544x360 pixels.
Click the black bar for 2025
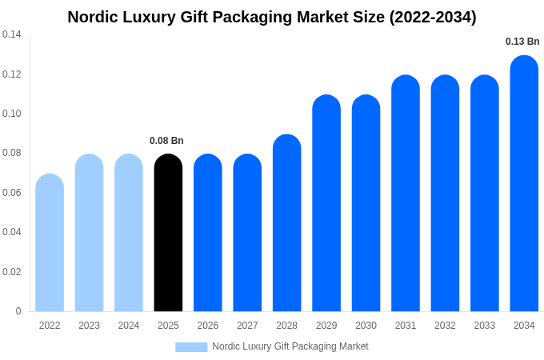pos(168,233)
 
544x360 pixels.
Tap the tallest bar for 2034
pos(524,183)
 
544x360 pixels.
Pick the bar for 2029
pos(326,203)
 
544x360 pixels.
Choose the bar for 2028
pos(286,223)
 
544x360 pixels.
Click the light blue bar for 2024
pos(129,233)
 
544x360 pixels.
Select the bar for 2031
pos(406,194)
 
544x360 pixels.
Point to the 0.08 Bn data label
pos(166,141)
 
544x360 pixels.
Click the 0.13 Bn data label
pos(522,42)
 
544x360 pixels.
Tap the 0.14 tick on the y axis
pos(12,34)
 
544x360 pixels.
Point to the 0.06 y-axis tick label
pos(12,193)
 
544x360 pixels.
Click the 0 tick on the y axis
pos(18,311)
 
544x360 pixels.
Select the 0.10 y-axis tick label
pos(12,114)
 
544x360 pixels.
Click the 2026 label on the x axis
pos(208,326)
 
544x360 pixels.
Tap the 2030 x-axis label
pos(366,326)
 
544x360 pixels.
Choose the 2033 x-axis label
pos(484,326)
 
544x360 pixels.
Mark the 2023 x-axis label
pos(89,326)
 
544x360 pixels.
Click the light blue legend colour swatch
pos(191,347)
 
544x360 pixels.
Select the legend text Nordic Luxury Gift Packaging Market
pos(290,346)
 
